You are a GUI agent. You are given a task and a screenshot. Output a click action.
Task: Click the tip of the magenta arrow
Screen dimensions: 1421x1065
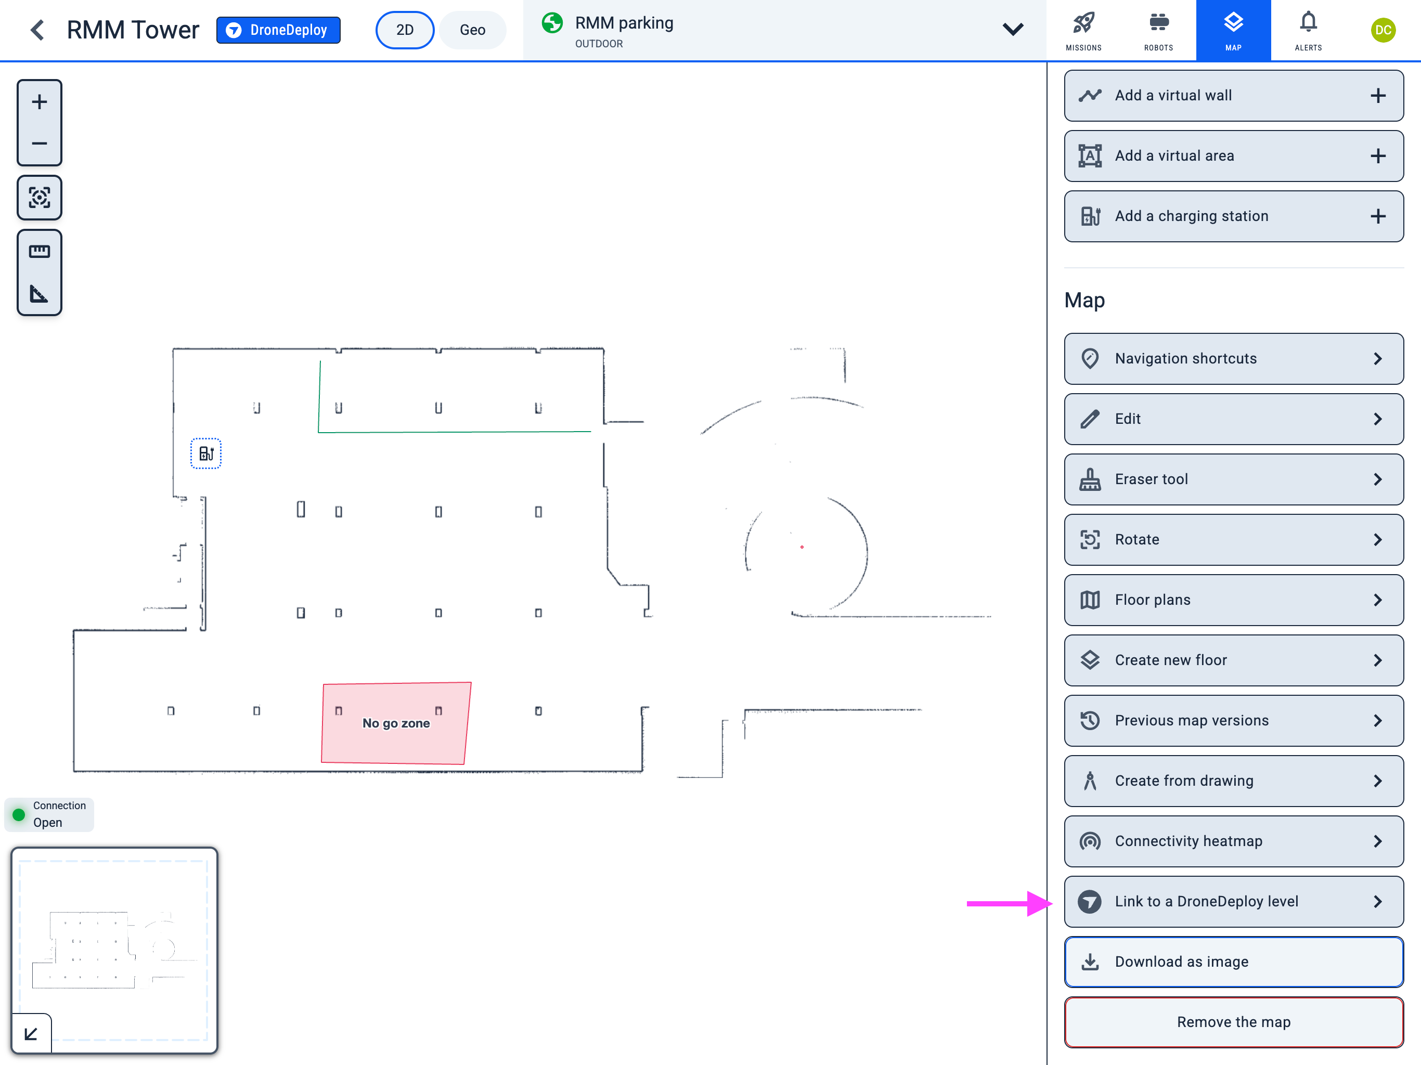pyautogui.click(x=1052, y=903)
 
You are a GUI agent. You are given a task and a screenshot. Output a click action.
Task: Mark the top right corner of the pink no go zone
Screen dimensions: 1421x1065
pyautogui.click(x=471, y=682)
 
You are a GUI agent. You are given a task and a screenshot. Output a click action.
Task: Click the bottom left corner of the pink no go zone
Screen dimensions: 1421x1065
pyautogui.click(x=322, y=762)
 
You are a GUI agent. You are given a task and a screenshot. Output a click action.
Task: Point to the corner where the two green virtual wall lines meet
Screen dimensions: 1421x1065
pyautogui.click(x=319, y=432)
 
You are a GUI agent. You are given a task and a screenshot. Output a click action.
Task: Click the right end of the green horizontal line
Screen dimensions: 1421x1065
pyautogui.click(x=591, y=431)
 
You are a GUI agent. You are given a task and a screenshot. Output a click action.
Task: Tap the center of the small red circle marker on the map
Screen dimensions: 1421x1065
pyautogui.click(x=802, y=547)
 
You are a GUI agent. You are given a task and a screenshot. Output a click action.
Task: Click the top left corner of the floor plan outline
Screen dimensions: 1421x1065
pyautogui.click(x=173, y=349)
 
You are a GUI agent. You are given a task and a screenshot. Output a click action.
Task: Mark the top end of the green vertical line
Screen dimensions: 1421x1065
pyautogui.click(x=320, y=361)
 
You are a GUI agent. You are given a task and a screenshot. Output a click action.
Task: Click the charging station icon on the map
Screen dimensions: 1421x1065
pyautogui.click(x=206, y=453)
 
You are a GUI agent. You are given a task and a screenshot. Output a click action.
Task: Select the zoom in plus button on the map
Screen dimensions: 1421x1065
pyautogui.click(x=39, y=101)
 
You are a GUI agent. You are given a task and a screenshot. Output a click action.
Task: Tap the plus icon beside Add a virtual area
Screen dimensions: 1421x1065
pyautogui.click(x=1377, y=156)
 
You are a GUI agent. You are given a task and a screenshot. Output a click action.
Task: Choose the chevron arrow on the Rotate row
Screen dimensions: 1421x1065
pyautogui.click(x=1377, y=540)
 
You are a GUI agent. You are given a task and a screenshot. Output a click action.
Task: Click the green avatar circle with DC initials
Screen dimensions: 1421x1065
pyautogui.click(x=1383, y=30)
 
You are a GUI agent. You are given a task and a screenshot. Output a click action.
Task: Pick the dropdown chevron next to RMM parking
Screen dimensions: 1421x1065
pyautogui.click(x=1013, y=29)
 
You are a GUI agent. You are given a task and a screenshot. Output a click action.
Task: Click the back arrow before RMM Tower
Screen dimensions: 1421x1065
pyautogui.click(x=38, y=30)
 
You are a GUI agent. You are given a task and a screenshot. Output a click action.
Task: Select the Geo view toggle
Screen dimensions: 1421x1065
pyautogui.click(x=472, y=30)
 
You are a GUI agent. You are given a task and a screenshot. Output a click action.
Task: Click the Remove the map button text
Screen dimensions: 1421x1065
pyautogui.click(x=1233, y=1022)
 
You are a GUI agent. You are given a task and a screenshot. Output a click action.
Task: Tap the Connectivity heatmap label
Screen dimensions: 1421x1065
pyautogui.click(x=1189, y=841)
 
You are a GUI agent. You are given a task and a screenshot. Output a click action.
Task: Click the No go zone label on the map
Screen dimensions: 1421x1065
pyautogui.click(x=396, y=723)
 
